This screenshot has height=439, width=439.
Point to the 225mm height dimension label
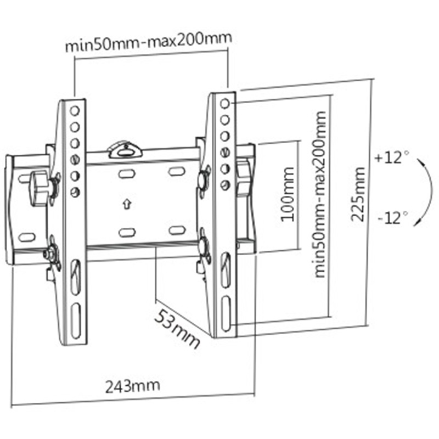[358, 192]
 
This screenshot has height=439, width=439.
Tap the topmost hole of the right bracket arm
[224, 103]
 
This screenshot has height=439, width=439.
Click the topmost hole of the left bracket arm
[75, 110]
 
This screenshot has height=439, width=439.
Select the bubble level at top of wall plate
[125, 148]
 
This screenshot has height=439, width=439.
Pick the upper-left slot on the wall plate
[126, 173]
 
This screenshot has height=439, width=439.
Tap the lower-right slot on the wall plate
[177, 230]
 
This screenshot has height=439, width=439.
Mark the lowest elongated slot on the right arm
[225, 311]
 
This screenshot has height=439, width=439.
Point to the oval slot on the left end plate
[26, 238]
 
